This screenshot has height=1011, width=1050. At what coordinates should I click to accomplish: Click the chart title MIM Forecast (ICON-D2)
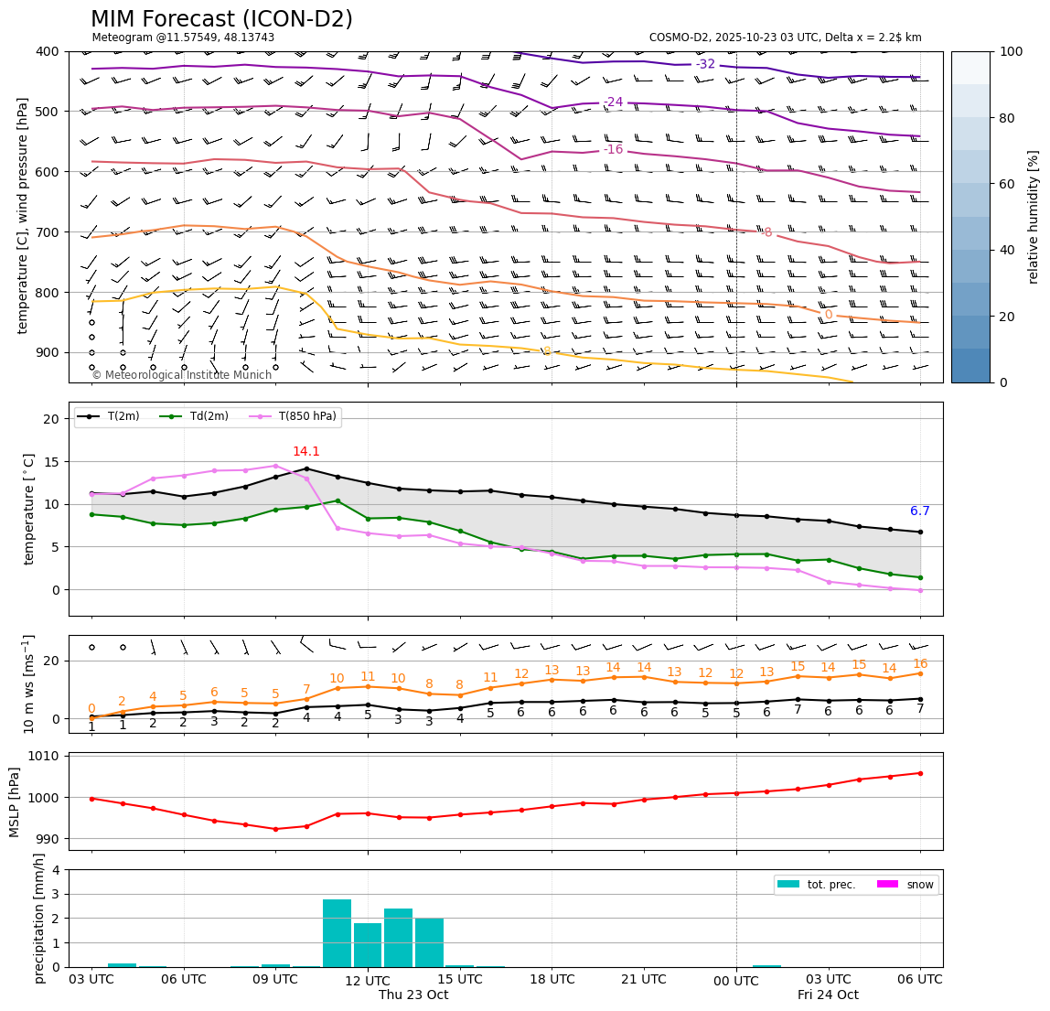pos(221,19)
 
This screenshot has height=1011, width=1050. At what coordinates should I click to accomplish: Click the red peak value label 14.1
pos(305,452)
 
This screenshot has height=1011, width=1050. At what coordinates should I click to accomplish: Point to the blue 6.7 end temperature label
pos(919,511)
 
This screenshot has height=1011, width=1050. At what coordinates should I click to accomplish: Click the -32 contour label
pos(705,64)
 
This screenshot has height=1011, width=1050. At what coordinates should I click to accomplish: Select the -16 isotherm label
pos(613,150)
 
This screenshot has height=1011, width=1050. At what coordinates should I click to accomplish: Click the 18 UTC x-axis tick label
pos(552,979)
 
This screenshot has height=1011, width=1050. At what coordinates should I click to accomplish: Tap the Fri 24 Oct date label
pos(828,995)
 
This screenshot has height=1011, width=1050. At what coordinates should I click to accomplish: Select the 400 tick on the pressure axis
pos(47,51)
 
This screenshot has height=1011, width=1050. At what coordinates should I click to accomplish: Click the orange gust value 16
pos(920,664)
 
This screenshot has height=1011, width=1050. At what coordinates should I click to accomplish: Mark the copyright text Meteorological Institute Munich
pos(181,375)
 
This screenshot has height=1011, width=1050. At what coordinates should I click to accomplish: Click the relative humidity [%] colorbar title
pos(1033,217)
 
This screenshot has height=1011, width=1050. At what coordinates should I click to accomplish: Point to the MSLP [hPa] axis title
pos(15,801)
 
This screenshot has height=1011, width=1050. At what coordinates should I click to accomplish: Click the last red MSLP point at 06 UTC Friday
pos(920,773)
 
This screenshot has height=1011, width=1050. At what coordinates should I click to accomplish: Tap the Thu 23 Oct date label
pos(413,995)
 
